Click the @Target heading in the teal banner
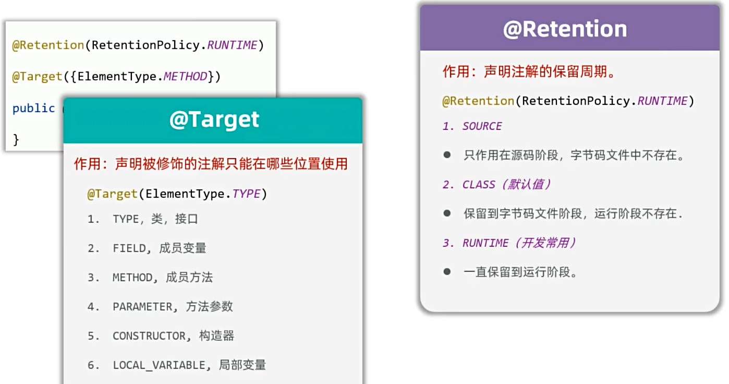click(x=214, y=119)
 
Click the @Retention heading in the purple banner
click(x=565, y=29)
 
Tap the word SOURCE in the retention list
click(x=482, y=126)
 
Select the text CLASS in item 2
click(x=479, y=185)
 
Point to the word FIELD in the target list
click(x=129, y=248)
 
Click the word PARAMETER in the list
click(x=142, y=306)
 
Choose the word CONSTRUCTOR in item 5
click(x=149, y=336)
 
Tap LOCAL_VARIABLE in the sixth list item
click(x=159, y=365)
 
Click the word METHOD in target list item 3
click(x=132, y=278)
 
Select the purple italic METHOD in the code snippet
click(x=185, y=77)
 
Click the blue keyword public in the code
click(x=33, y=108)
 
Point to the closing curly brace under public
click(x=16, y=140)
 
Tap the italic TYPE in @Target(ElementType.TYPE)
click(x=246, y=194)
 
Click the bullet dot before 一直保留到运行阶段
click(x=447, y=272)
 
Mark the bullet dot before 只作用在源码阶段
click(x=447, y=155)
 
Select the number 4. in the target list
click(x=93, y=307)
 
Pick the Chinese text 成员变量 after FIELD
click(x=183, y=248)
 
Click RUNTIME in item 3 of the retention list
click(x=485, y=243)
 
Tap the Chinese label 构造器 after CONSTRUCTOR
click(x=216, y=336)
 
